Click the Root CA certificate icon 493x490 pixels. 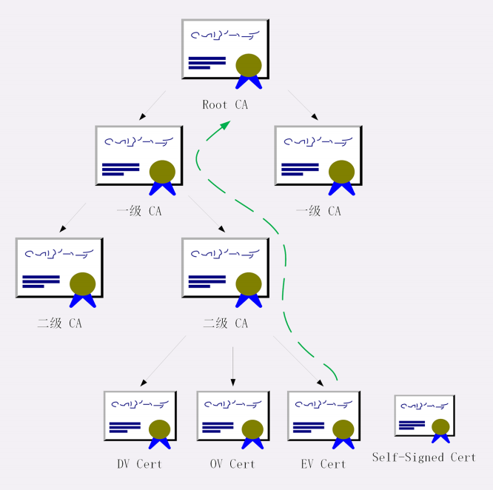tap(225, 50)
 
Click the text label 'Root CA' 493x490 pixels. tap(225, 104)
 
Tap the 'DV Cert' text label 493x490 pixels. tap(139, 464)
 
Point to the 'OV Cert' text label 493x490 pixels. tap(232, 464)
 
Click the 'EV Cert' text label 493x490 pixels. tap(323, 464)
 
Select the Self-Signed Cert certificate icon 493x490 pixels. tap(424, 417)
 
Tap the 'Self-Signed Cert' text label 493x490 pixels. tap(423, 457)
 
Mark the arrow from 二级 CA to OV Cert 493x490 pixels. tap(232, 366)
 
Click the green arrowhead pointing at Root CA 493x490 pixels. tap(223, 127)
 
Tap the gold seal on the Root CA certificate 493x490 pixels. tap(249, 65)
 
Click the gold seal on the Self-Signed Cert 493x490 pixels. tap(440, 427)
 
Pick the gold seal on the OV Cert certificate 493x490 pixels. tap(252, 429)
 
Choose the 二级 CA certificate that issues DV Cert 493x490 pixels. tap(225, 268)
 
